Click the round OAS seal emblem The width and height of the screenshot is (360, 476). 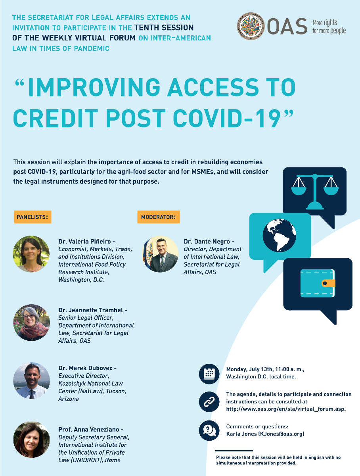251,26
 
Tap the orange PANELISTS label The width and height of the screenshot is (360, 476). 33,217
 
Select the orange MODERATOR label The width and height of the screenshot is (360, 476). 159,217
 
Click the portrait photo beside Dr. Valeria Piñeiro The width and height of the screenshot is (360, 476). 31,254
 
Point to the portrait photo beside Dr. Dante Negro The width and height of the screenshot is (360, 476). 160,254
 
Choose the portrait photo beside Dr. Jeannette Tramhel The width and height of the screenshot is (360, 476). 31,322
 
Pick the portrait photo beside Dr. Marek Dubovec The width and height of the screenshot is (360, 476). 31,380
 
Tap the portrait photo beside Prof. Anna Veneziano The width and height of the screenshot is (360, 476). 31,440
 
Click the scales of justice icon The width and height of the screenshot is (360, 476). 315,191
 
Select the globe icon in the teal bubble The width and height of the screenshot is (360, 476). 280,235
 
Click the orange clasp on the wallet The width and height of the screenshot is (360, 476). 328,283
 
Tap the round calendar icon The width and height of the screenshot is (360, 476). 209,374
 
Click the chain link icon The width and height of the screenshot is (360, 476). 209,401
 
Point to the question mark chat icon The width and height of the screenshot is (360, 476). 209,430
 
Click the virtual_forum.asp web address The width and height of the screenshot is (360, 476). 285,409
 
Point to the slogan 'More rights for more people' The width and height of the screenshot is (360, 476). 329,27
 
